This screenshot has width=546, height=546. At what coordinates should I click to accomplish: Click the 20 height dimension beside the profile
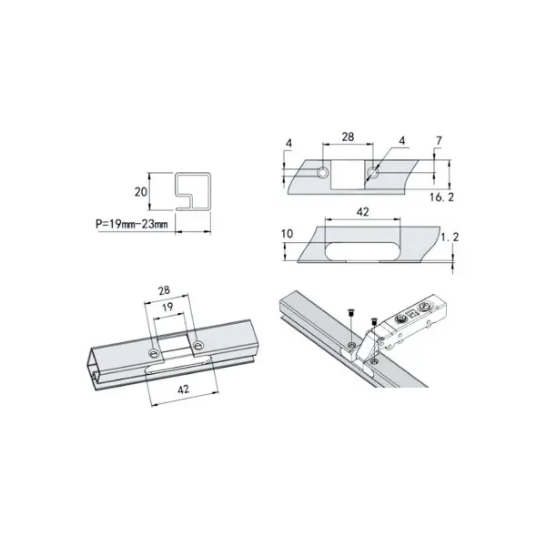click(141, 192)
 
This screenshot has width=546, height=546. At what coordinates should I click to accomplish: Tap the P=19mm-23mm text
click(132, 224)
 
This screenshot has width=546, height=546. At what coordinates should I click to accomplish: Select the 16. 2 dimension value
click(441, 197)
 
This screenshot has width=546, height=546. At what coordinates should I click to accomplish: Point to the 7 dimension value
click(439, 141)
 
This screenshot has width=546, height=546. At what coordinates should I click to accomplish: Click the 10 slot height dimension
click(288, 234)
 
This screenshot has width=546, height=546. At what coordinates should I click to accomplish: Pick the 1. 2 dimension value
click(450, 238)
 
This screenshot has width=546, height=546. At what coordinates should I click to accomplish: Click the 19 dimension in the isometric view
click(167, 308)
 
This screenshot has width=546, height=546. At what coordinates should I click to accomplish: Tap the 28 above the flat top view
click(348, 136)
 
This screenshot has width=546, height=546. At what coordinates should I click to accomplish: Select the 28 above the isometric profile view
click(164, 290)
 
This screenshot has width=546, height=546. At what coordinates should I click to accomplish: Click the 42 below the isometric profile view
click(184, 389)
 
